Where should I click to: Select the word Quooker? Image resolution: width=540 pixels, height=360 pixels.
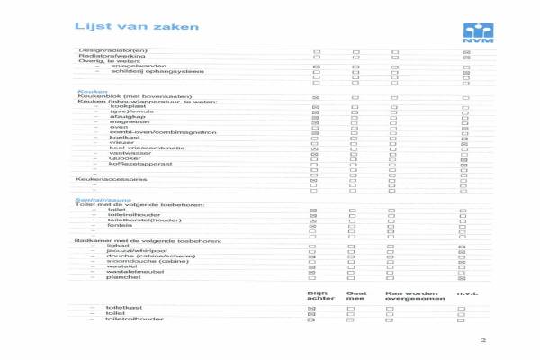click(x=122, y=158)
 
